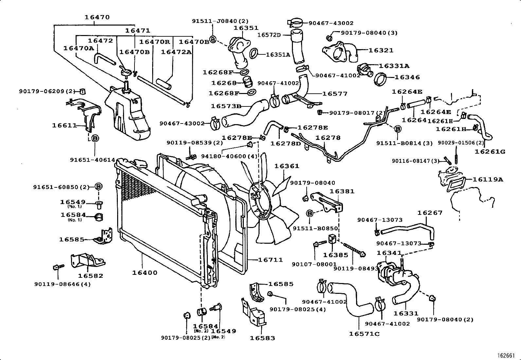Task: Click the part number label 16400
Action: pos(145,273)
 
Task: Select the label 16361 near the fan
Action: pos(287,166)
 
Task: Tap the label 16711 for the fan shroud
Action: pos(270,260)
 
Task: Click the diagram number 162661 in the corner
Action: pos(506,355)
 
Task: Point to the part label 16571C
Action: pos(364,333)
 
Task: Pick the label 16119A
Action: pos(488,179)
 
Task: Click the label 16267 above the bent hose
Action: pos(430,213)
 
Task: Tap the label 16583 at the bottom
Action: pos(262,338)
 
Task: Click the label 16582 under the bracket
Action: pos(91,276)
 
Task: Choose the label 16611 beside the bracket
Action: pos(64,125)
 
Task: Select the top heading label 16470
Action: pos(97,17)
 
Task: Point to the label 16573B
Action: pos(226,106)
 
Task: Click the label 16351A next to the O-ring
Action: pos(278,55)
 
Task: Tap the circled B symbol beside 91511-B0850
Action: pos(309,214)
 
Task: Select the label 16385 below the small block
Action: pos(335,255)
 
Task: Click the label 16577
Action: pos(335,94)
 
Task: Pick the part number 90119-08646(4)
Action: pos(62,284)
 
